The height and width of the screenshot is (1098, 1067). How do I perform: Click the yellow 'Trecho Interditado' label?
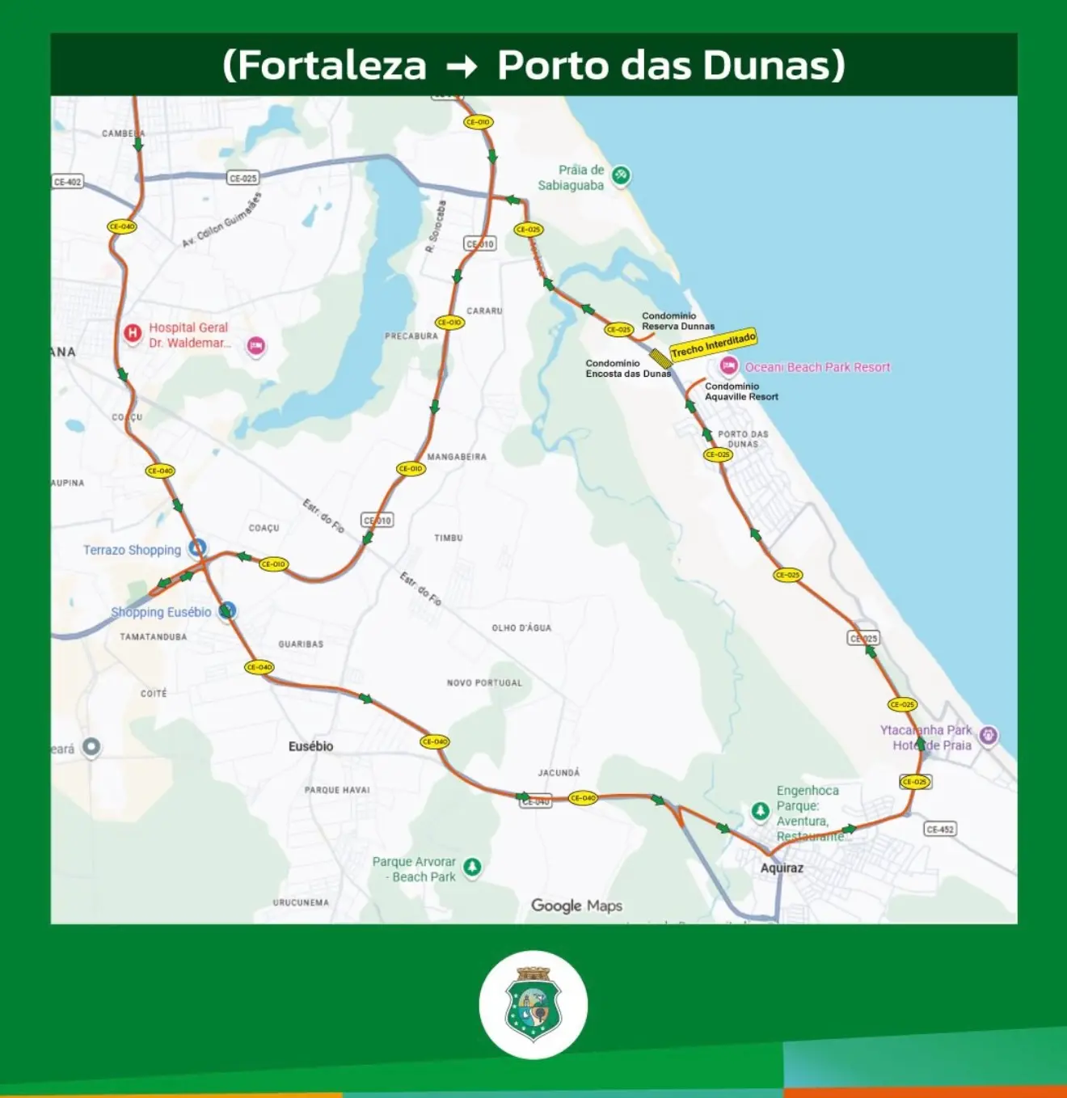tap(713, 344)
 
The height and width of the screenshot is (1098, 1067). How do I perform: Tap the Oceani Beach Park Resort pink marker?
tap(728, 366)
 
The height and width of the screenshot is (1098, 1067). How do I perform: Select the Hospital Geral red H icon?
tap(133, 332)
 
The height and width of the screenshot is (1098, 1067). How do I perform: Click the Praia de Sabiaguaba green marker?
tap(621, 175)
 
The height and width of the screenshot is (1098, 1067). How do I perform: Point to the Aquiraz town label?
tap(782, 868)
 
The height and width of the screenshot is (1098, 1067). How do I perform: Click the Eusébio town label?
tap(310, 746)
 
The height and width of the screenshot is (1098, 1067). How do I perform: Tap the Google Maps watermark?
tap(576, 906)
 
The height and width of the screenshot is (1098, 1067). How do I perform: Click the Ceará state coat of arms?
tap(533, 1004)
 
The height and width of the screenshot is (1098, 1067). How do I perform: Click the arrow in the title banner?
tap(462, 66)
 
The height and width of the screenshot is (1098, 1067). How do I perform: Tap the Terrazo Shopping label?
tap(132, 550)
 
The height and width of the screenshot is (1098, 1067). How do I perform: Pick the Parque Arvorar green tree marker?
tap(472, 868)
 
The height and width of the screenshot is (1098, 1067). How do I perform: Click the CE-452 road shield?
tap(940, 829)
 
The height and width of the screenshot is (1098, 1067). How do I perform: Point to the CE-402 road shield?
tap(68, 182)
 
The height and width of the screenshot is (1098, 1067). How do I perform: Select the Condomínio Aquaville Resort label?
tap(741, 391)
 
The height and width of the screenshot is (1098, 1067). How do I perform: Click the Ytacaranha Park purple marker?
tap(988, 735)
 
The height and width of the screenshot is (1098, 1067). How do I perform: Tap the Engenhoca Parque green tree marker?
tap(760, 810)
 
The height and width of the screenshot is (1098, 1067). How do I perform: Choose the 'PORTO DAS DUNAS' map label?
tap(743, 439)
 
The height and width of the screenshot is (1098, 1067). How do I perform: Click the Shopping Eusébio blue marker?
tap(228, 610)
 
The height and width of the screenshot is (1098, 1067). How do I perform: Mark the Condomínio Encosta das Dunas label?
tap(628, 369)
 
